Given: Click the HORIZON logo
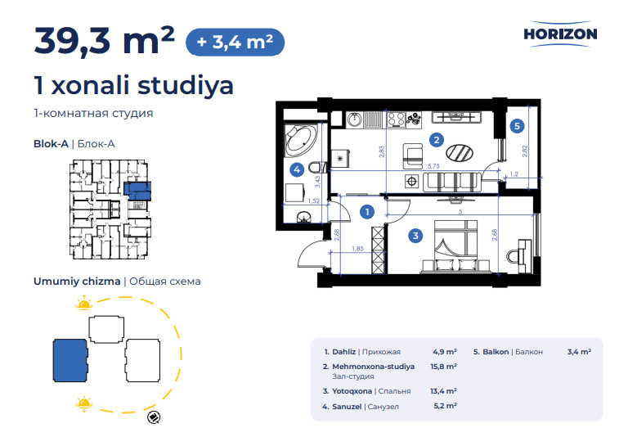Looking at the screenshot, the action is (560, 34).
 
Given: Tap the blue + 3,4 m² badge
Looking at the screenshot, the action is (235, 42).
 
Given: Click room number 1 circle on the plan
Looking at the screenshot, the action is (367, 212).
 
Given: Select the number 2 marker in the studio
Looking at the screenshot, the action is (436, 139).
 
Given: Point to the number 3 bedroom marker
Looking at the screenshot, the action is (415, 236).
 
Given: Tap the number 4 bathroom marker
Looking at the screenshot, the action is (297, 170).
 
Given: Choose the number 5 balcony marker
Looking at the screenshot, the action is (517, 126).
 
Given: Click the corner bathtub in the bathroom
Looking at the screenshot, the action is (301, 140).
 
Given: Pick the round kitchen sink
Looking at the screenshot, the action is (355, 119).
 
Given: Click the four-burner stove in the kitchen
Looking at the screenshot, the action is (396, 119).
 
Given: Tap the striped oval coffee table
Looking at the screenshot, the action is (460, 152).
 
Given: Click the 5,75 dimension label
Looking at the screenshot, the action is (433, 166).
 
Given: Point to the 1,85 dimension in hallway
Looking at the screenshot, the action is (357, 249).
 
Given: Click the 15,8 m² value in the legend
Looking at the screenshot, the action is (444, 367).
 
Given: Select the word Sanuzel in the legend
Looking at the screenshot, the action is (347, 407).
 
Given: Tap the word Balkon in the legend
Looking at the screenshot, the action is (496, 352).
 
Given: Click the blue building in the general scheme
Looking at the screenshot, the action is (70, 360).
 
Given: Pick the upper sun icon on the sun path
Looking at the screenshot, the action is (83, 303).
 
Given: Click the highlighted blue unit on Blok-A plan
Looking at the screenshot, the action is (137, 191).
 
